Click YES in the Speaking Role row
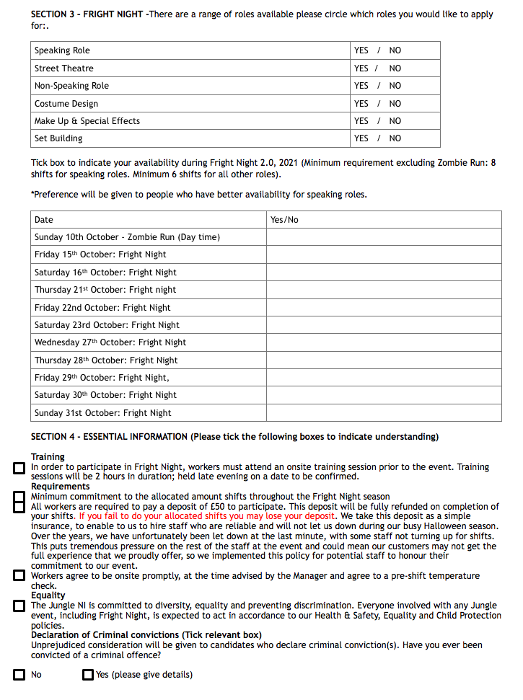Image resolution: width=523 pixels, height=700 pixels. pos(361,50)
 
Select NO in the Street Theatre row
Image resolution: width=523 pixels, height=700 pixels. pos(395,68)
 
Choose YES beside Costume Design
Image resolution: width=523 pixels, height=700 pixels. pos(361,104)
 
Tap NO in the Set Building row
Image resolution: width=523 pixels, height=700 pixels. pos(395,138)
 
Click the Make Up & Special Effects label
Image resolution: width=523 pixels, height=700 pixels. pos(87,121)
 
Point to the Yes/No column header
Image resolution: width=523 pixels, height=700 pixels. pos(284,220)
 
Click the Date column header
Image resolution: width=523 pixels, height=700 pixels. pos(44,220)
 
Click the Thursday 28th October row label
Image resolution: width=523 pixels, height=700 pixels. pos(105,360)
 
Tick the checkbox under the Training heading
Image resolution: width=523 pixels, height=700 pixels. pos(19,469)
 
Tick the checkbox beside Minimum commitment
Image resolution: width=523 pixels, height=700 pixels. pos(19,497)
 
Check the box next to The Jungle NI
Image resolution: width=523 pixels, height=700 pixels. pos(19,606)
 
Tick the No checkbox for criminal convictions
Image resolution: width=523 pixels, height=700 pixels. pos(19,675)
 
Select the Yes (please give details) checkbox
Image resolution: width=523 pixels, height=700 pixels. pos(88,675)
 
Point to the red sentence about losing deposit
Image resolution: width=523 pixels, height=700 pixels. pos(207,516)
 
